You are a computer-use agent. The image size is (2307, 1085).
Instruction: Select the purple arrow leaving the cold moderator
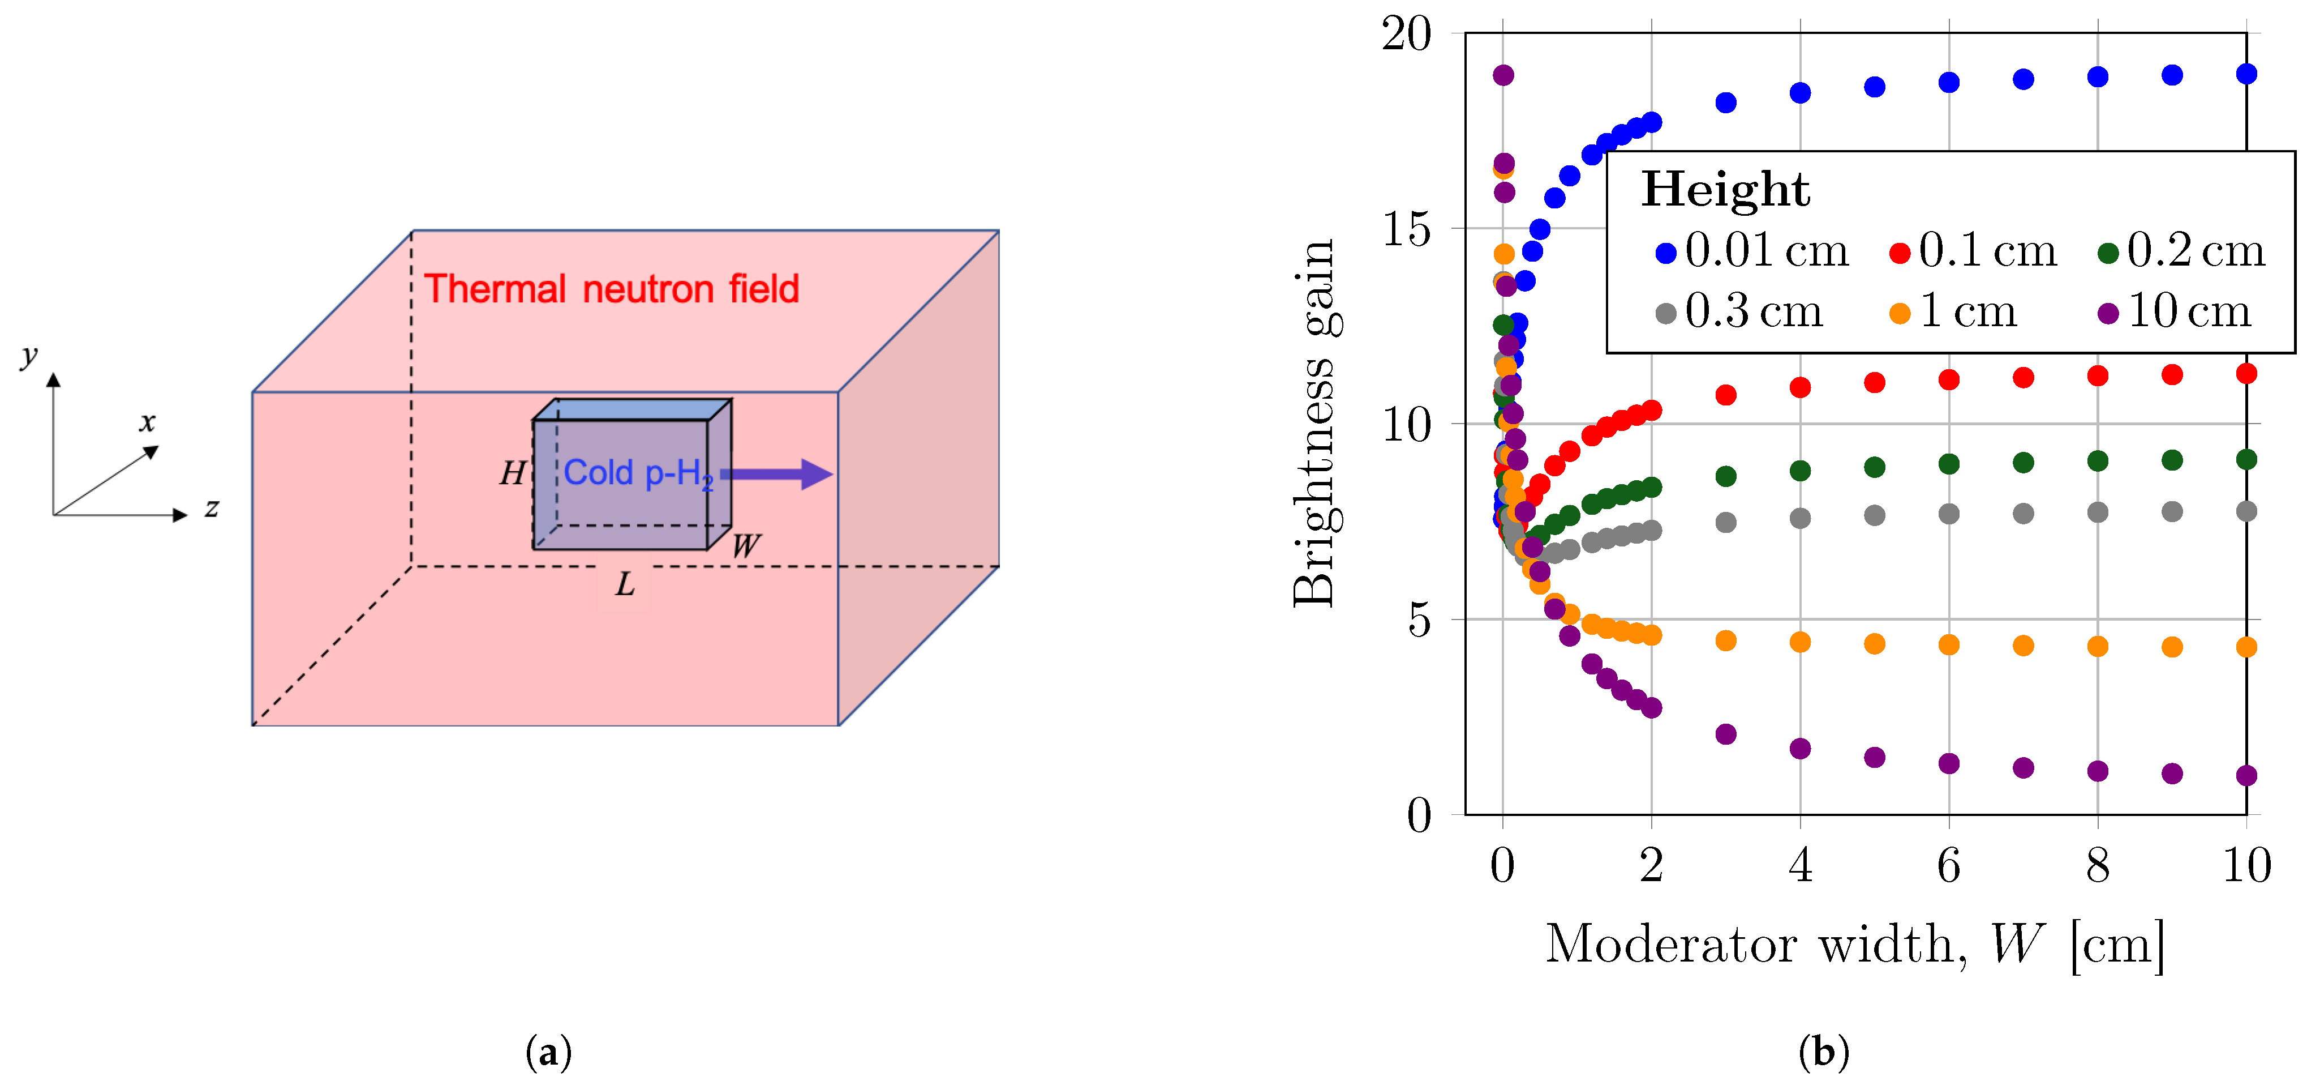(776, 474)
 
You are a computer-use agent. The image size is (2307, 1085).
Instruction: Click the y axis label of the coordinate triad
(29, 356)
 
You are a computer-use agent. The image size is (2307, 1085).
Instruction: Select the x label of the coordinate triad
(148, 422)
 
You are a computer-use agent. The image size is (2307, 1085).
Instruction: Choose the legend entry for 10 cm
(2173, 312)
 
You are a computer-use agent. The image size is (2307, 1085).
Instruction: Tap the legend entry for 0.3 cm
(1739, 312)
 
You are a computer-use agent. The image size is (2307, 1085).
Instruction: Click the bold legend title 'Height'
(1725, 189)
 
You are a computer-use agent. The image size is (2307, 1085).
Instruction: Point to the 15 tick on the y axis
(1407, 229)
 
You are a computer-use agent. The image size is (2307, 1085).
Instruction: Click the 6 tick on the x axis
(1949, 865)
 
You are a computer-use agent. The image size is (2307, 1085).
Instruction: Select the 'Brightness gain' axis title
(1314, 423)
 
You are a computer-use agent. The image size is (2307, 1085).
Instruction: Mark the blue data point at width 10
(2246, 74)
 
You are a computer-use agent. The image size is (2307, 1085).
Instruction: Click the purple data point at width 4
(1800, 748)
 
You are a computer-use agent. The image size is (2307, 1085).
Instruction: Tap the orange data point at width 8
(2098, 646)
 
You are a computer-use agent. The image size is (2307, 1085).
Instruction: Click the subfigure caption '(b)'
(1823, 1051)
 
